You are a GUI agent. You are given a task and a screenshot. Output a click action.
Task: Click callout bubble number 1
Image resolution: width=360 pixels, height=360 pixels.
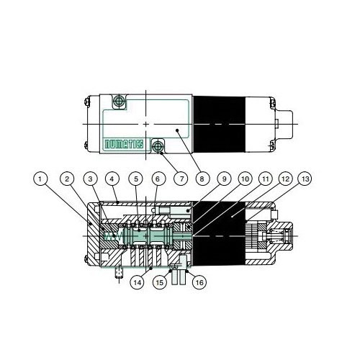tap(42, 178)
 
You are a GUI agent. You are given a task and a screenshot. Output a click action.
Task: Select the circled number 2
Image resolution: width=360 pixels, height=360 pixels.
tap(66, 178)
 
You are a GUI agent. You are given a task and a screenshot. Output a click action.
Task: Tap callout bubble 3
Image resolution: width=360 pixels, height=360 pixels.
tap(89, 178)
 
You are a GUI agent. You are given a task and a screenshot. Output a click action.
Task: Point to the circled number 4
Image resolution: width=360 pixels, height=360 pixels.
tap(112, 178)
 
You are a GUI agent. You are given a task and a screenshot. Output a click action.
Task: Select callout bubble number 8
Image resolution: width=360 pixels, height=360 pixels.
tap(202, 178)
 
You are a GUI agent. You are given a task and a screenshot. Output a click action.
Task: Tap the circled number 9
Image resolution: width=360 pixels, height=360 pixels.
tap(224, 178)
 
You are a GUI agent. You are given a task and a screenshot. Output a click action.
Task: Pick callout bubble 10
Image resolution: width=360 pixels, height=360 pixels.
tap(245, 178)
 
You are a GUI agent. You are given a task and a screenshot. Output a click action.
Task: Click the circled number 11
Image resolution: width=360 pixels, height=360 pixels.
tap(265, 178)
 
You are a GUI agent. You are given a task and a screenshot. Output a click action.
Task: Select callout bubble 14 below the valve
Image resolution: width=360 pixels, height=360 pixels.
tap(138, 283)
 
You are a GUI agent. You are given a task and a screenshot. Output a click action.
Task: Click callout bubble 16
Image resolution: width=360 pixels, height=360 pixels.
tap(199, 283)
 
